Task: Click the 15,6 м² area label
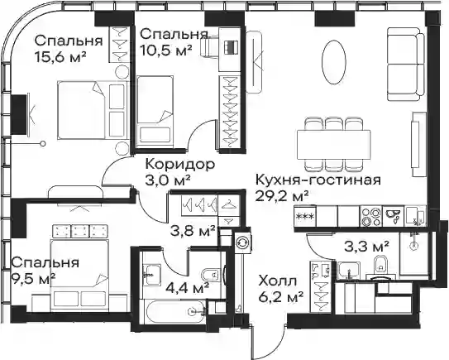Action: point(60,56)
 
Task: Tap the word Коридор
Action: point(179,165)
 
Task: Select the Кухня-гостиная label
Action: point(318,180)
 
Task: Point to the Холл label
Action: point(277,281)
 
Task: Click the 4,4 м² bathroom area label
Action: point(187,287)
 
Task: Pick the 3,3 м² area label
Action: point(366,247)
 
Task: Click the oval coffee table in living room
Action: point(334,62)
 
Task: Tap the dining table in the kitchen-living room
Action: point(334,145)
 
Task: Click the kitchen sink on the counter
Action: point(393,217)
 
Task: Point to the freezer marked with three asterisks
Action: point(305,216)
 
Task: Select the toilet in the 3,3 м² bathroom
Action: point(381,266)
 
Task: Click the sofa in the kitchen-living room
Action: point(406,64)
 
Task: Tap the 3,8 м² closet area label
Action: point(193,231)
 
